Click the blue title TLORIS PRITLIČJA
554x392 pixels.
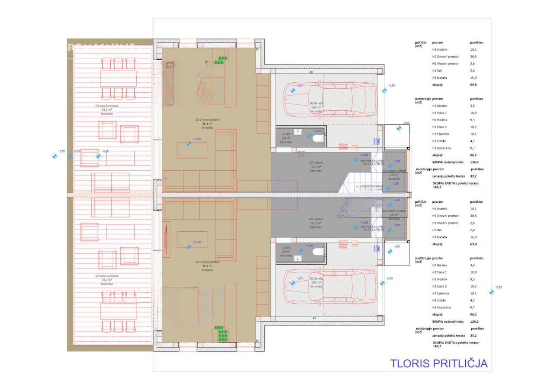point(438,363)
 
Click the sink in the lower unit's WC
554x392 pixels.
point(298,258)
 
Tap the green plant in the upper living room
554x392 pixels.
point(222,61)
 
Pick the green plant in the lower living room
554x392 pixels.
point(222,334)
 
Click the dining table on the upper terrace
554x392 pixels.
point(118,79)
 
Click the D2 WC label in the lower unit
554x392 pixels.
point(286,251)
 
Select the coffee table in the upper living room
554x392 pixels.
point(192,150)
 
